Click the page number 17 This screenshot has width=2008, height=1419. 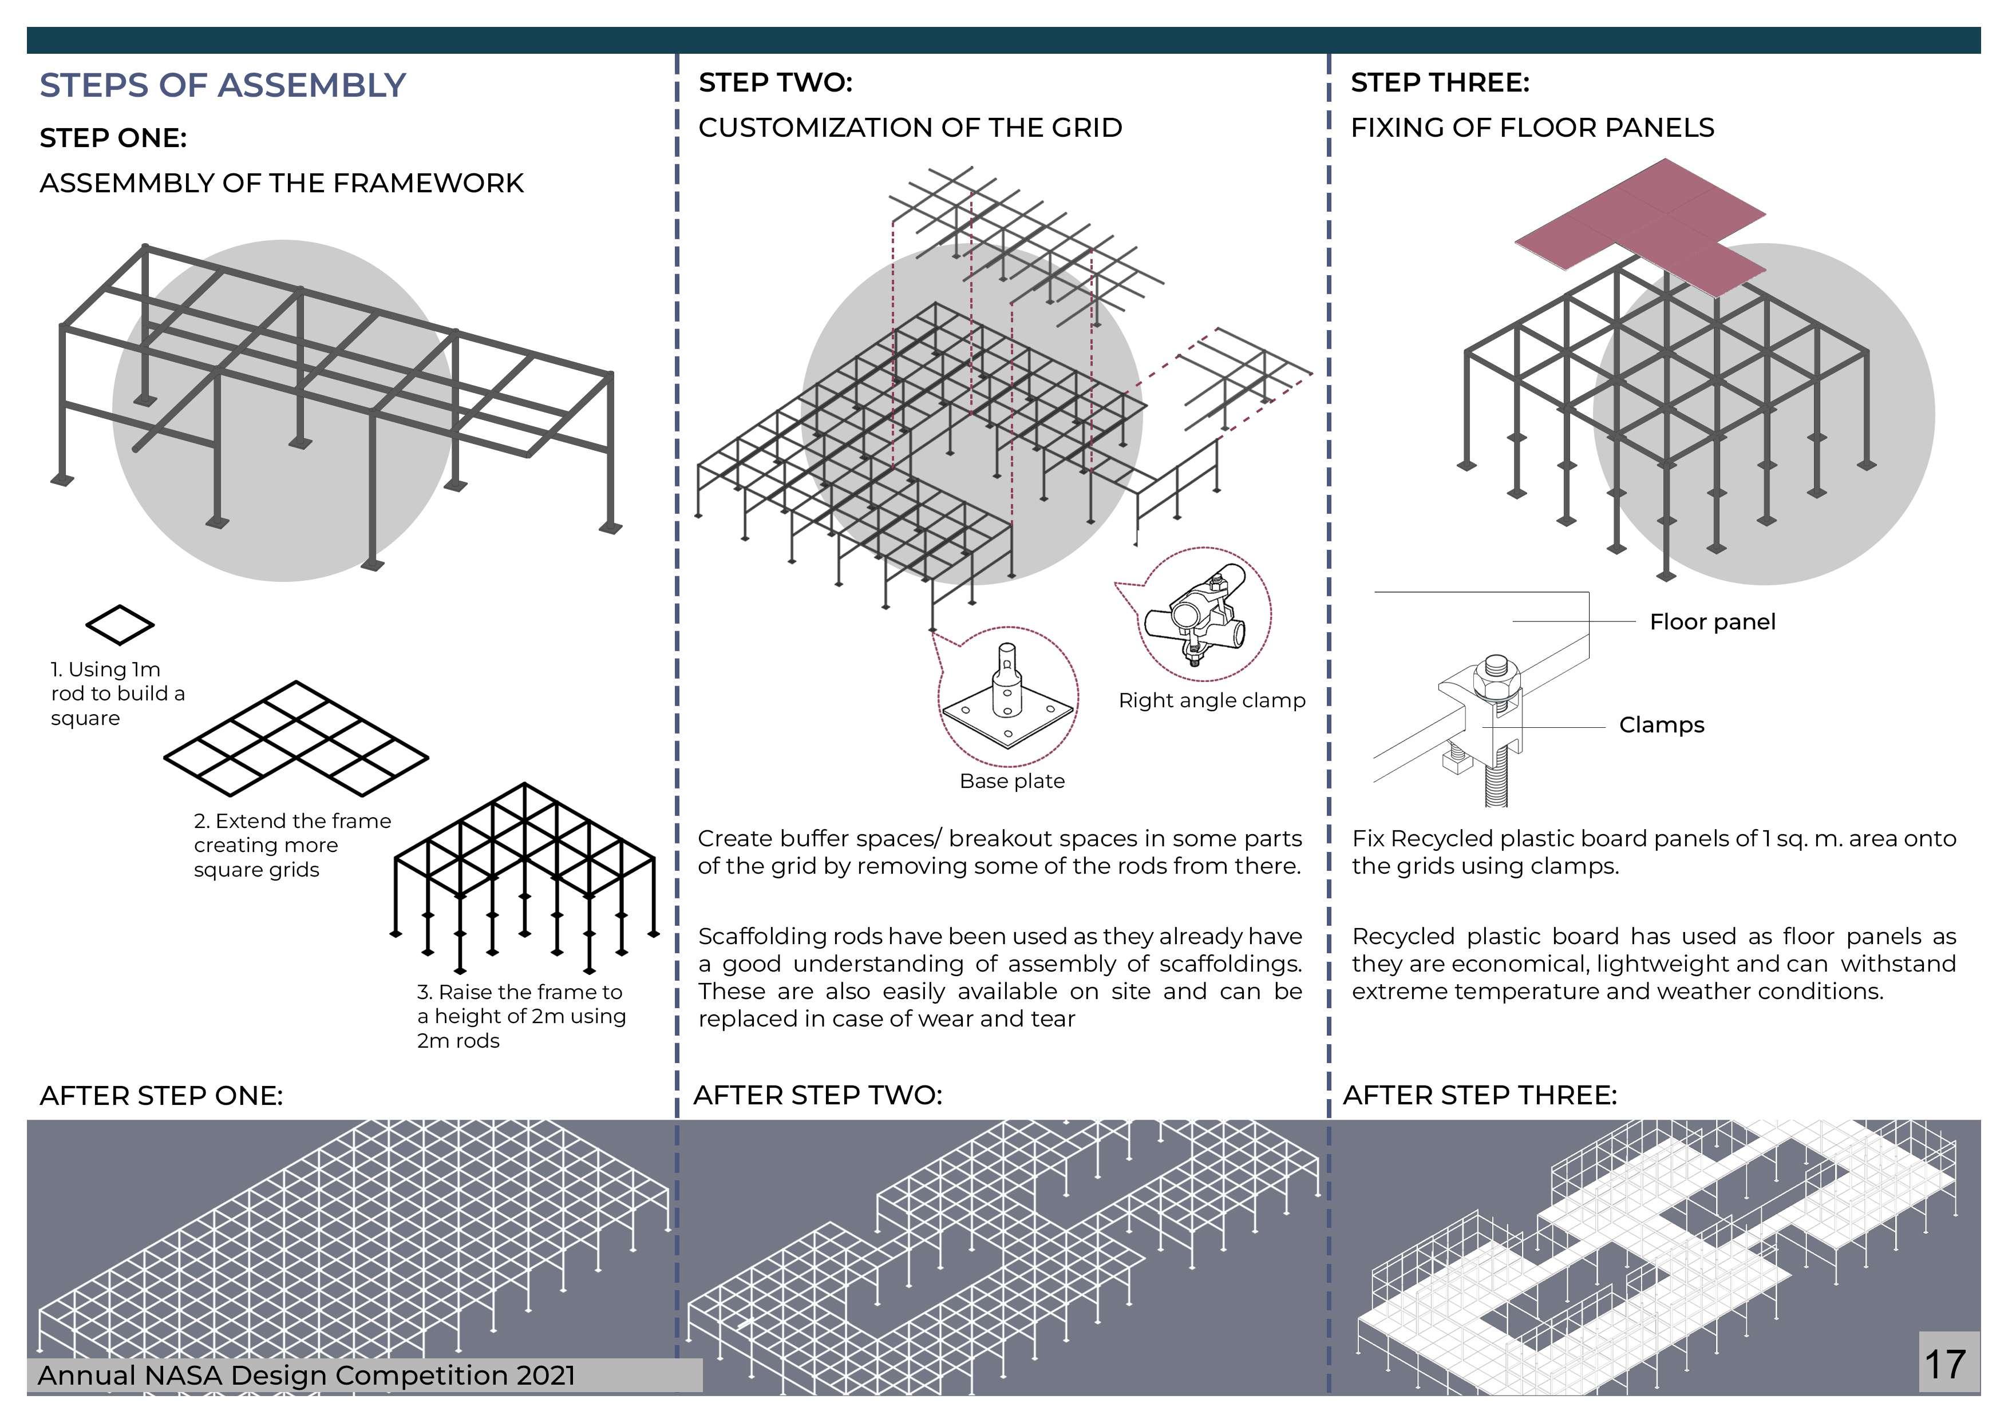(1945, 1364)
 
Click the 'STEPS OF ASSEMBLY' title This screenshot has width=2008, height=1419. (223, 86)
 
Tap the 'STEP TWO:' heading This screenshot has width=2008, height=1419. (775, 83)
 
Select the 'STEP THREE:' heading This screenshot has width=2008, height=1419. (1440, 83)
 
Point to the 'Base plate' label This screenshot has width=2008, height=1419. (1012, 781)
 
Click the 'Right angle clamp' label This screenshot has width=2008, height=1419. (1211, 700)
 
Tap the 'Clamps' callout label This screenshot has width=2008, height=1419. (1661, 725)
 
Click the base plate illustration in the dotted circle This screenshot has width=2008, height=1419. (1007, 699)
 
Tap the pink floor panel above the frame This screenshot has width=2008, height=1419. (1641, 223)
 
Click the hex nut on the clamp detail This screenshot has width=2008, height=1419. (1496, 675)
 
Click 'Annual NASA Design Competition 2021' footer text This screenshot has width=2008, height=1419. (306, 1376)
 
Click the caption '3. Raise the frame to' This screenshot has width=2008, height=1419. (520, 992)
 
